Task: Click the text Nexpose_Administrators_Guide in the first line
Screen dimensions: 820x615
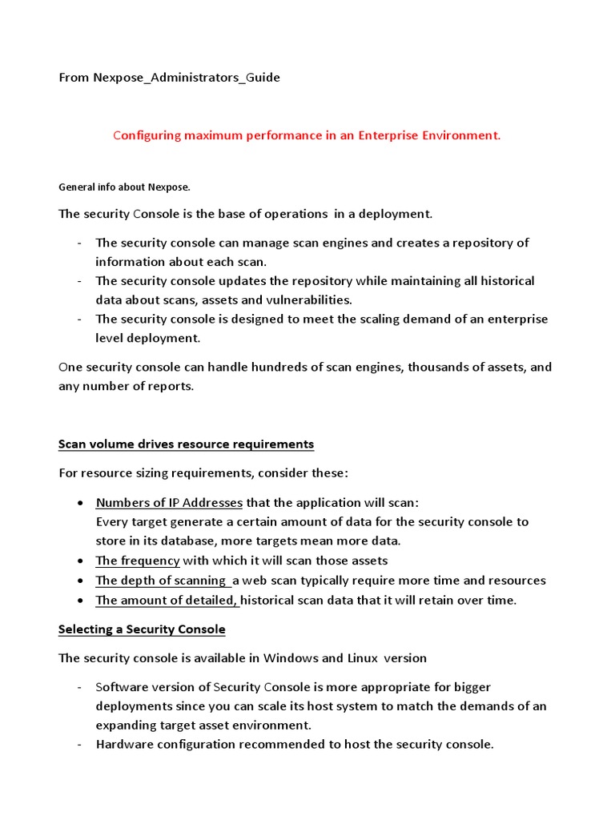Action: [187, 78]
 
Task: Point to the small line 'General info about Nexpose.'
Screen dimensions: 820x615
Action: [124, 187]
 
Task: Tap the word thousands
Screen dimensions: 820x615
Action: [430, 368]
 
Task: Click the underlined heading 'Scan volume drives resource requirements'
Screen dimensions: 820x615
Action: [186, 444]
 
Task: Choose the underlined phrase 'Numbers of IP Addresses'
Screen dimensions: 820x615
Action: [169, 503]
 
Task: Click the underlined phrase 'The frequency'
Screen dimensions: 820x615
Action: [138, 561]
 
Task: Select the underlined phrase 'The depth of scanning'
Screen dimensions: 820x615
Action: [161, 581]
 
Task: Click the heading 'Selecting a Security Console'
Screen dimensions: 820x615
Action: [142, 629]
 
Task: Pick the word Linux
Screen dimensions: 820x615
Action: [364, 658]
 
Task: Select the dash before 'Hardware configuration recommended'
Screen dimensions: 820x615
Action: [81, 745]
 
